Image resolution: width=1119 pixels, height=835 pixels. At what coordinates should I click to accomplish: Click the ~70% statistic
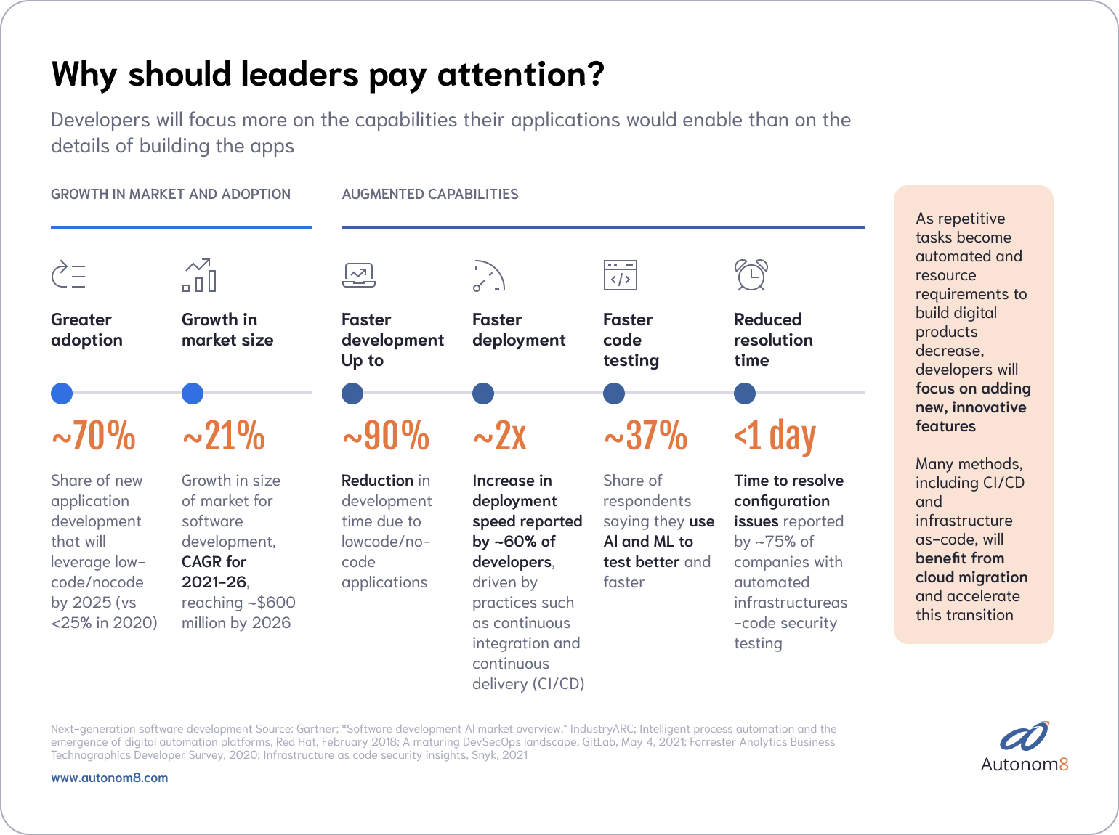(94, 436)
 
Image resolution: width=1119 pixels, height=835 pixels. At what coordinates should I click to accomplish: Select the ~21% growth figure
(224, 436)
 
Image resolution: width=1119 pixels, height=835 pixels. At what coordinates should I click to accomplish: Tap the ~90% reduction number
(386, 436)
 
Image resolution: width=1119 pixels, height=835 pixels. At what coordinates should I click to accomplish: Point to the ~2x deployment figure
(500, 436)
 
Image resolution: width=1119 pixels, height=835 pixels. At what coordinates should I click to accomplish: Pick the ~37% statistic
(645, 436)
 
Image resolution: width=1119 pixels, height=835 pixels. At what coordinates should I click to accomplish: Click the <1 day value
(775, 436)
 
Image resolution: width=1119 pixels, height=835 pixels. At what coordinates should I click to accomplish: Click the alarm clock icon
(751, 275)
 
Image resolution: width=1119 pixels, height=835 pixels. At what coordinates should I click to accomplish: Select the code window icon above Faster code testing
(620, 275)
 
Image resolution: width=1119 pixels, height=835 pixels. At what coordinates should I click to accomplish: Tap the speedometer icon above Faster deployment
(488, 275)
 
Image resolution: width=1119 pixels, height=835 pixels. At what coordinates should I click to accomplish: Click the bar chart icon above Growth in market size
(199, 275)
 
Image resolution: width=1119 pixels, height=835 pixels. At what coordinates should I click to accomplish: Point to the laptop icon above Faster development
(358, 275)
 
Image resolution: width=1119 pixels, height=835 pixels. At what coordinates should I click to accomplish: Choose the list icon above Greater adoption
(68, 275)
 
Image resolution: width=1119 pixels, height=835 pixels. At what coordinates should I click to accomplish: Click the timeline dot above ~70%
(62, 393)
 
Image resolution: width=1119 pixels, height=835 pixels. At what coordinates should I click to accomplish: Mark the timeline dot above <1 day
(745, 393)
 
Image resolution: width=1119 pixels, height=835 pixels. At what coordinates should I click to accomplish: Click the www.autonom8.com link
(109, 778)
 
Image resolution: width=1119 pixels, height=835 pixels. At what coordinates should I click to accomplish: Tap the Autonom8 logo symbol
(1025, 736)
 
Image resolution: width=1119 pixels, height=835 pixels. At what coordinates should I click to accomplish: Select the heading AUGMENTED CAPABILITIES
(430, 194)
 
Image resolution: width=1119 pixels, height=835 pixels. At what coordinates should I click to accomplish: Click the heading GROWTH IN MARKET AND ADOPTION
(171, 194)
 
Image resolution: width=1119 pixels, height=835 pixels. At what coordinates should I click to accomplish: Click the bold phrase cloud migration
(971, 577)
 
